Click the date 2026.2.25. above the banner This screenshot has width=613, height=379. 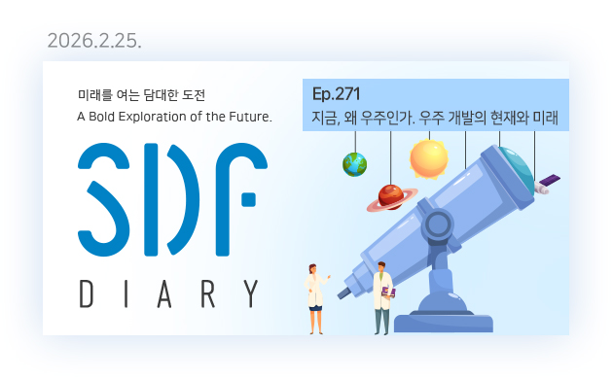coord(94,42)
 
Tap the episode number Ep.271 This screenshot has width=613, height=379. coord(337,94)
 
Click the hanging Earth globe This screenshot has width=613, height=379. coord(354,163)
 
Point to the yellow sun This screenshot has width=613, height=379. coord(428,157)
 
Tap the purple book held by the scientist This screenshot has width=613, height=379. coord(388,291)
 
